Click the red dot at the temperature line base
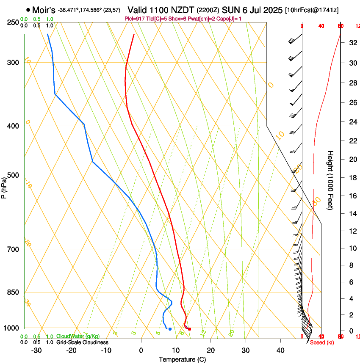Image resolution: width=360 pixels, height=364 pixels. [189, 329]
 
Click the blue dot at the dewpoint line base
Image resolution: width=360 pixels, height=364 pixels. [170, 329]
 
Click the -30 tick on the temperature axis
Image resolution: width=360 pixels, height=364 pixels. [36, 350]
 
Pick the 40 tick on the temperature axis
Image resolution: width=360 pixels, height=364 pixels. [280, 350]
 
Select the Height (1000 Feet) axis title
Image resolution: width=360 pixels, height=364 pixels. [331, 180]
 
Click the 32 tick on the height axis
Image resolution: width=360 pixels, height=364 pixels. [351, 43]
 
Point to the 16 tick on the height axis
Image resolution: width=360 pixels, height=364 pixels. [351, 196]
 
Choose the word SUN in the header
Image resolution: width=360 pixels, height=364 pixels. [227, 10]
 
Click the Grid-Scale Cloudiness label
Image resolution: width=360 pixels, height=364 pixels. [82, 342]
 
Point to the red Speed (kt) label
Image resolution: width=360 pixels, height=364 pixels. [323, 342]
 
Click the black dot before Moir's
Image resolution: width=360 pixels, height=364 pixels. [28, 10]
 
